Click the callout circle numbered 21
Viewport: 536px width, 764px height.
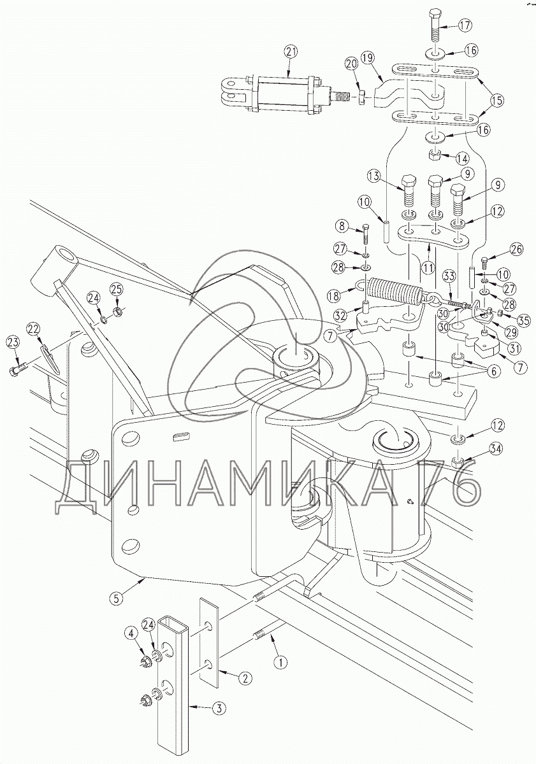291,52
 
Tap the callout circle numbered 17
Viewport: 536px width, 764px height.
465,25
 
